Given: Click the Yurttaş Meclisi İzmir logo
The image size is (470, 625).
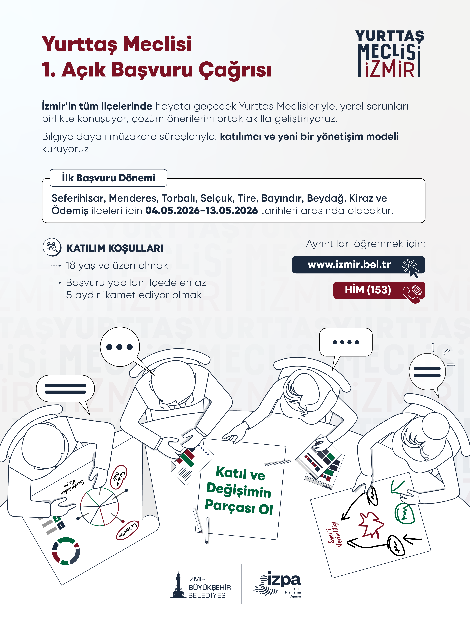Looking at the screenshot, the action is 390,54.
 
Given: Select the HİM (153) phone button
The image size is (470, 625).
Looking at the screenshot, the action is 379,290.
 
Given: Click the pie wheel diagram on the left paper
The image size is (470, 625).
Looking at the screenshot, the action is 99,507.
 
